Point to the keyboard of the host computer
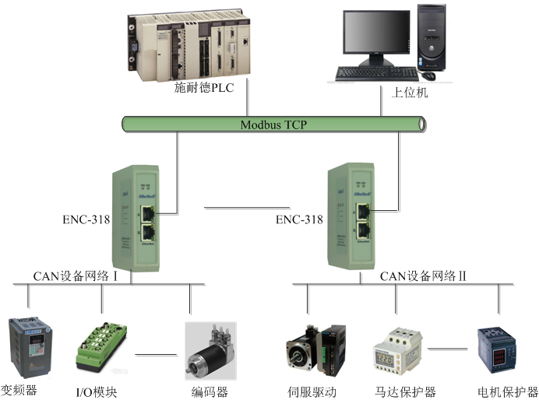click(377, 74)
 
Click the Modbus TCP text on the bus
click(273, 124)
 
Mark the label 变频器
click(19, 390)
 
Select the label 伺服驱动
click(312, 391)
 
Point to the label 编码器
click(210, 391)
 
